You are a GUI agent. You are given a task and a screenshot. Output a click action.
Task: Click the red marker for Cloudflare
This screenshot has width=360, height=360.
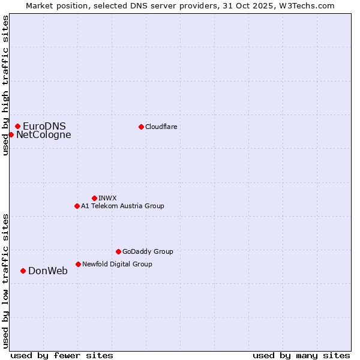pos(141,127)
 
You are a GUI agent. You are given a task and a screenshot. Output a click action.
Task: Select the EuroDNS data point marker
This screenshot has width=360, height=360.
pos(18,126)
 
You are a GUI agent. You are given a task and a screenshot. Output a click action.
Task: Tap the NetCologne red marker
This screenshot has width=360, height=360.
pos(11,134)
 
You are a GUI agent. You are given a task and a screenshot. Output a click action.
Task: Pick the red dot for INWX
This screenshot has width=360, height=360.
pos(94,198)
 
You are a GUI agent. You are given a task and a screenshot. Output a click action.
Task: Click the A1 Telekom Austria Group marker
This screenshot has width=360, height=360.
pos(77,206)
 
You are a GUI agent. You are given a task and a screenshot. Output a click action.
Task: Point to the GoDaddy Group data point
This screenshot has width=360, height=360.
pos(118,251)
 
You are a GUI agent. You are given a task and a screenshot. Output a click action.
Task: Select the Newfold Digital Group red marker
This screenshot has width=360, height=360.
pos(78,264)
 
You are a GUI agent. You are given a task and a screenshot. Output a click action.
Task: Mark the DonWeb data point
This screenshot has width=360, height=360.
pos(23,271)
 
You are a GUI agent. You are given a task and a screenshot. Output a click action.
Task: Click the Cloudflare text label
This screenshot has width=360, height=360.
pos(161,127)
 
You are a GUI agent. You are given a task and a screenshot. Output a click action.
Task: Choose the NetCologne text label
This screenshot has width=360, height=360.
pos(43,134)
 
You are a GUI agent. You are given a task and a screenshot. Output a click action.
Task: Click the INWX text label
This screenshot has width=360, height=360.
pos(107,198)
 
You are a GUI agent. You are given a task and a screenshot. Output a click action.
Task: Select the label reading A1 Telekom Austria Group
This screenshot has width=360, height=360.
pos(122,206)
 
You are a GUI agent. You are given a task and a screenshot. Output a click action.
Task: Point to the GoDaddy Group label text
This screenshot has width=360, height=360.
pos(148,251)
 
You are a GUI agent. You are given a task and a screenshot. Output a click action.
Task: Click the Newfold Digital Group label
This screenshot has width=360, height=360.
pos(117,264)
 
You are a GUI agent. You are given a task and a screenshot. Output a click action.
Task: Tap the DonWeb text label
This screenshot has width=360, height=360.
pos(48,271)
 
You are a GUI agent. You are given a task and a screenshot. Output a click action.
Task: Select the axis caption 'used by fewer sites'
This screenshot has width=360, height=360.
pos(62,355)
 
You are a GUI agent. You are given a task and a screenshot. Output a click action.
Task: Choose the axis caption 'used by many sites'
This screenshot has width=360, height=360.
pos(301,355)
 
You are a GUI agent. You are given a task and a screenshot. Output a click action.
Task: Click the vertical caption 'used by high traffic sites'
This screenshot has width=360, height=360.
pos(5,85)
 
